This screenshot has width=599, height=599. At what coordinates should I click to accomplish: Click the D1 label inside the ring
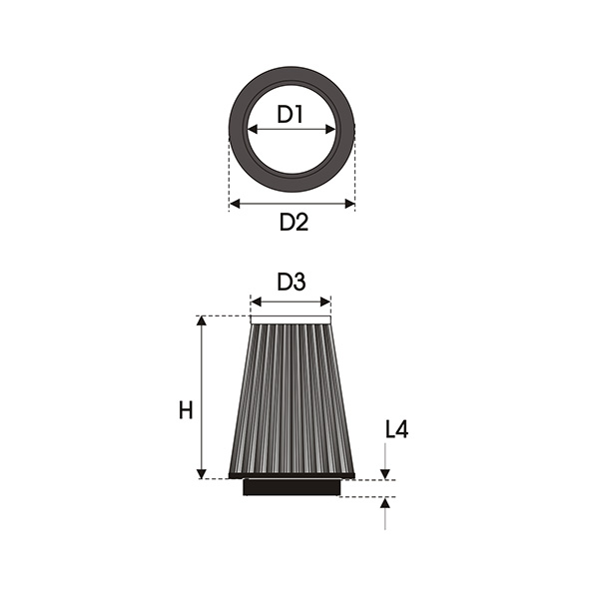point(290,114)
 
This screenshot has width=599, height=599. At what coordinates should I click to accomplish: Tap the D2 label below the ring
point(294,222)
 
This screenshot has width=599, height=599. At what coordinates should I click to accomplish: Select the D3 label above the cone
point(292,283)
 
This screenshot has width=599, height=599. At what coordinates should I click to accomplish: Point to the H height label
point(186,411)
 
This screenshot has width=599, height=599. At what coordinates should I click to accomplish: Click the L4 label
point(397,429)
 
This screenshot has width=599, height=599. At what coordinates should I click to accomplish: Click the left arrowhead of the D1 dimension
point(253,130)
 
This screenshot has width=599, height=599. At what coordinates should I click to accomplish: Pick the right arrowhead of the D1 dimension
point(330,130)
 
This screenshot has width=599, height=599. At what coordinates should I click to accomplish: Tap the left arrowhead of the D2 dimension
point(235,204)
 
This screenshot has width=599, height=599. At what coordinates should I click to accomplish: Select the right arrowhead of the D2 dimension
point(349,204)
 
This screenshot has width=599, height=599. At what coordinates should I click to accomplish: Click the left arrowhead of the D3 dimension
point(256,302)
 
